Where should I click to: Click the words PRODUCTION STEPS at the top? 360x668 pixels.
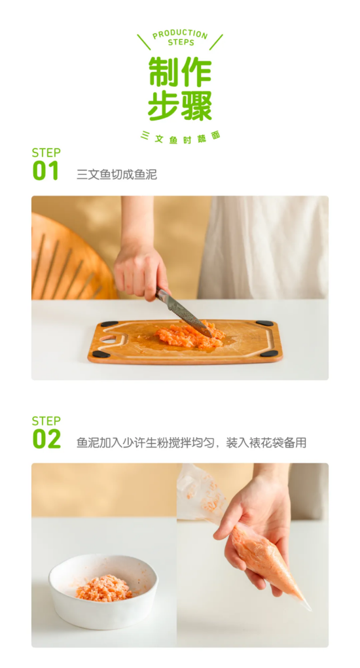[180, 38]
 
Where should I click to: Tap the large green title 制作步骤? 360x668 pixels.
[180, 88]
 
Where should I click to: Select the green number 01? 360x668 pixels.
[46, 171]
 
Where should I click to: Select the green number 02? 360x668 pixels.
[47, 439]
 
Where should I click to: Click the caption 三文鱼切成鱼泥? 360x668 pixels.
[117, 174]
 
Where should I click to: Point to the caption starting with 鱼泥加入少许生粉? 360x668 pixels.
[191, 443]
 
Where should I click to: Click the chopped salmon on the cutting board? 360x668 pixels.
[190, 336]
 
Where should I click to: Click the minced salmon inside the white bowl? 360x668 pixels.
[104, 588]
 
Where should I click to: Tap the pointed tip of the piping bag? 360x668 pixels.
[310, 608]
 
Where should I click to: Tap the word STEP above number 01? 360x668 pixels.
[46, 152]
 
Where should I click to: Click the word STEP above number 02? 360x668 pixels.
[46, 421]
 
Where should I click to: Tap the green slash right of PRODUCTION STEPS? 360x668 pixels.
[216, 42]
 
